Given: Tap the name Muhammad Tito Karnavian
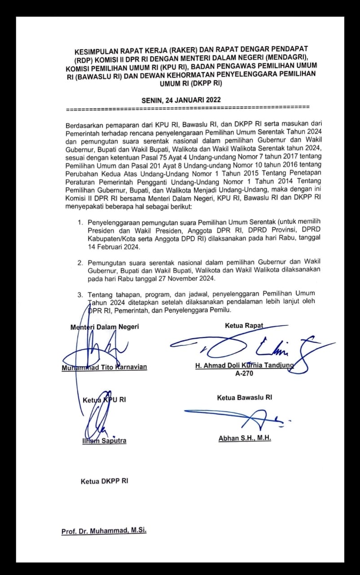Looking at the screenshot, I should click(x=104, y=367).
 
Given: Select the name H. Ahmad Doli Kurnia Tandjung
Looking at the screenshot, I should click(x=244, y=366).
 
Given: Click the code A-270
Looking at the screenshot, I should click(x=244, y=373).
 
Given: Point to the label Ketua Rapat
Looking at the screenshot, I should click(x=244, y=326).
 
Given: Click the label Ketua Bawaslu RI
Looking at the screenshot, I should click(x=244, y=398).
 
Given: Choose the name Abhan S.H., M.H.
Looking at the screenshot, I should click(x=245, y=438).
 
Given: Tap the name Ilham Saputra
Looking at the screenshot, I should click(x=104, y=441).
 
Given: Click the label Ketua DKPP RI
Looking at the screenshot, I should click(x=104, y=481).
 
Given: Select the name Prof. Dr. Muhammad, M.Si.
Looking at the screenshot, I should click(x=104, y=531).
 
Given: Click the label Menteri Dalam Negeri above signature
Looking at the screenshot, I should click(x=105, y=327).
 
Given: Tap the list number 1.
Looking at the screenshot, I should click(x=80, y=222).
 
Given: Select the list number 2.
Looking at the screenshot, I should click(x=80, y=262).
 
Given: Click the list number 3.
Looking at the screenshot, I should click(x=80, y=294).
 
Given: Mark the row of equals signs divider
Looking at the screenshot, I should click(x=187, y=108).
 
